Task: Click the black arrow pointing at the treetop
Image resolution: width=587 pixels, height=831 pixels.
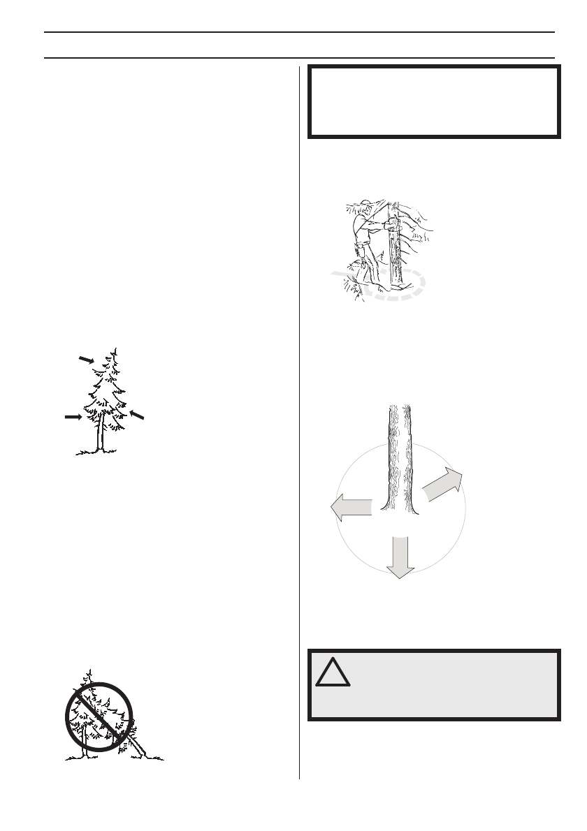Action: click(x=87, y=359)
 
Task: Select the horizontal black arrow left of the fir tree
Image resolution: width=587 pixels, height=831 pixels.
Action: click(x=73, y=417)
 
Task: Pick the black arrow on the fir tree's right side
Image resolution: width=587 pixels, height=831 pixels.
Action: click(x=138, y=414)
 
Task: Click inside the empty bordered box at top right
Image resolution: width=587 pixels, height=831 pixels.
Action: click(x=434, y=102)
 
